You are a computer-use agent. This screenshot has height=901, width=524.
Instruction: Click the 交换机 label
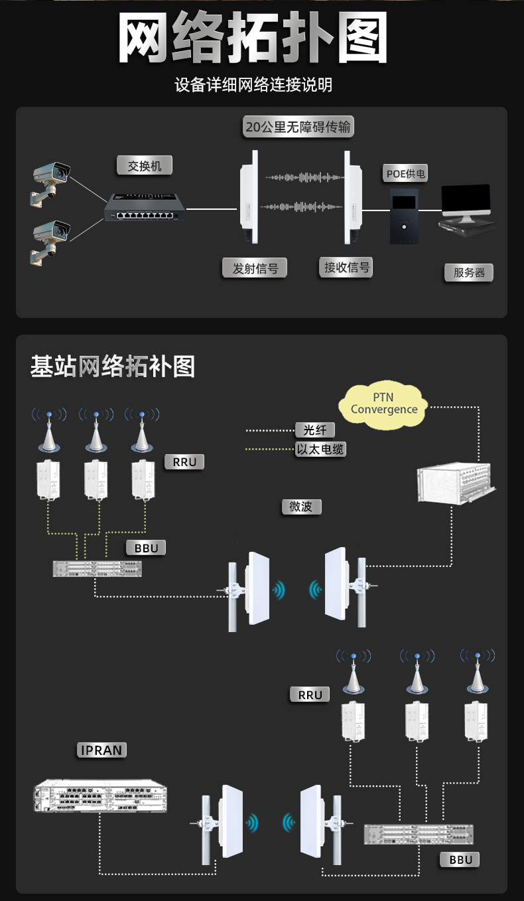pyautogui.click(x=145, y=165)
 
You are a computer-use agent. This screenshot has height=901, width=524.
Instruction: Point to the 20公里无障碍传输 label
pyautogui.click(x=298, y=127)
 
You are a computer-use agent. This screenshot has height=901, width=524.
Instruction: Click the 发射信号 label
pyautogui.click(x=255, y=268)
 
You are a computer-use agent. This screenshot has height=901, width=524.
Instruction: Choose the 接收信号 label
pyautogui.click(x=346, y=268)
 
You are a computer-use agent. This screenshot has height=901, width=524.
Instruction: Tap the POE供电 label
pyautogui.click(x=406, y=174)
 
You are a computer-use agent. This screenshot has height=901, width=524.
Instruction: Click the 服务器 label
pyautogui.click(x=469, y=272)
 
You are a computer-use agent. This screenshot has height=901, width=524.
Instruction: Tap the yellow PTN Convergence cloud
pyautogui.click(x=384, y=403)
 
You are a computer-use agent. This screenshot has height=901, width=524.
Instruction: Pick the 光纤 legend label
pyautogui.click(x=315, y=430)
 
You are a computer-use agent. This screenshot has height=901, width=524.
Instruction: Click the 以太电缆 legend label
pyautogui.click(x=321, y=450)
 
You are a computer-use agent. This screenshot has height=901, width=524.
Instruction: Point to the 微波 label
pyautogui.click(x=301, y=506)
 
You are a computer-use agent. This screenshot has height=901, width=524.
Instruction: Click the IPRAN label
pyautogui.click(x=101, y=750)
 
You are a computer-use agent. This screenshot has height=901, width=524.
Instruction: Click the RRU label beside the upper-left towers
pyautogui.click(x=184, y=462)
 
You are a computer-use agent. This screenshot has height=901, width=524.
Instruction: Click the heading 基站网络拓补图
pyautogui.click(x=113, y=366)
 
